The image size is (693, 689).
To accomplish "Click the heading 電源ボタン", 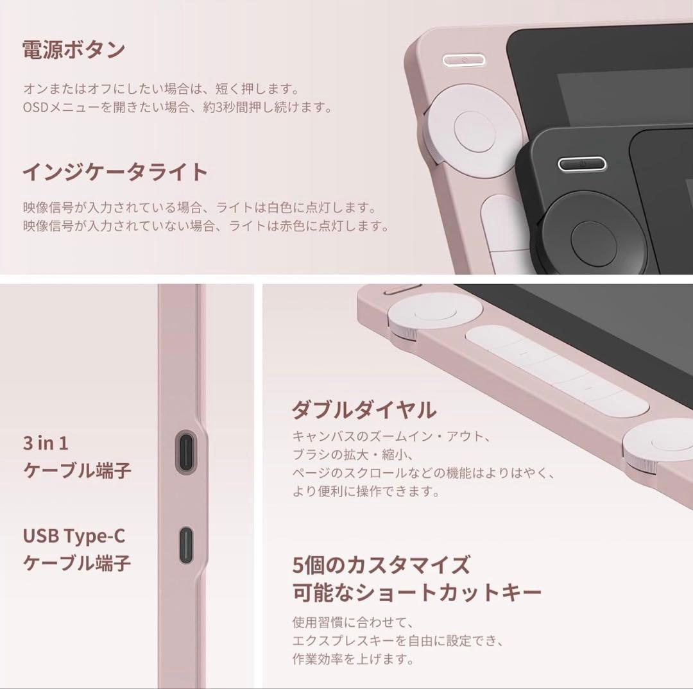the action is coord(74,50).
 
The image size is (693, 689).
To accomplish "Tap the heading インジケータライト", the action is coord(116,172).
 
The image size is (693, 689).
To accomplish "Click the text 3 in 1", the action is coord(46,443).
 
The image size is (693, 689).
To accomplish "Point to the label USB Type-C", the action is coord(74,536).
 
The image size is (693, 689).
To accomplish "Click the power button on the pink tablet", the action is coord(464,60).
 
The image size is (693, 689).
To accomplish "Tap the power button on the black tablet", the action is coord(582,164).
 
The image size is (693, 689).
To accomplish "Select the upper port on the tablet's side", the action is coord(186,451).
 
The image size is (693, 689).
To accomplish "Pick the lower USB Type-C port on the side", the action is coord(186,545).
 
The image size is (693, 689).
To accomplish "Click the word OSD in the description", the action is coord(35,107).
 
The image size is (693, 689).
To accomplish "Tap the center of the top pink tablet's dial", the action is coord(475,132).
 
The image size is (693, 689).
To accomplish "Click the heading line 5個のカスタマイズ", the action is coord(381,565).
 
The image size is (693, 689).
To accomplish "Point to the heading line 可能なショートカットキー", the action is coord(417,592).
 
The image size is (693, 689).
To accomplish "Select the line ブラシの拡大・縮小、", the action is coord(353,454).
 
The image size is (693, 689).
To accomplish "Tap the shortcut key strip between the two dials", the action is coord(557,370).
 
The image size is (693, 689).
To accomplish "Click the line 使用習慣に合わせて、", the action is coord(353,622).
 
